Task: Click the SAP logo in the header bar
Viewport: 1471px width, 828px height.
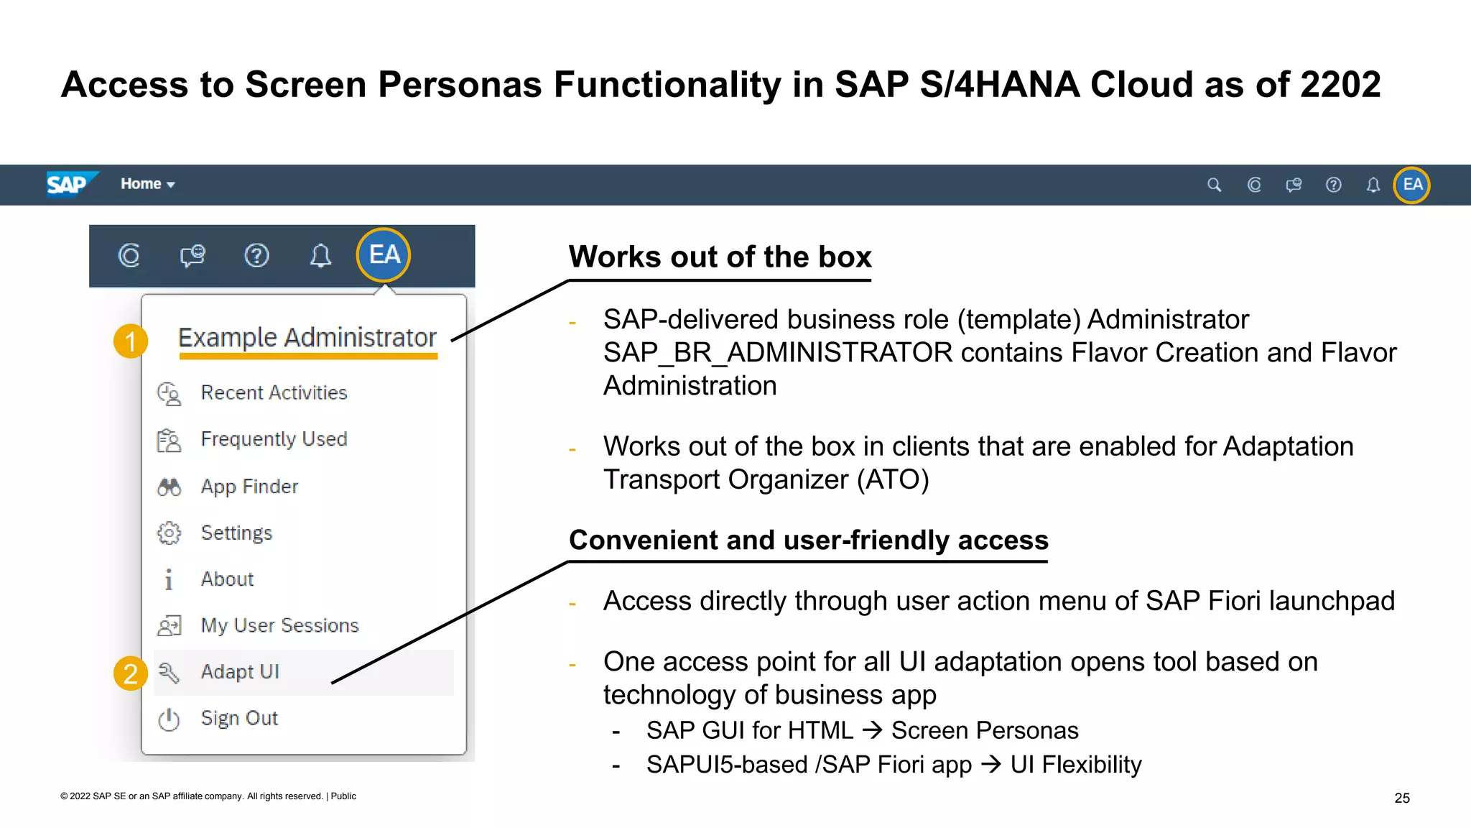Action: pyautogui.click(x=68, y=184)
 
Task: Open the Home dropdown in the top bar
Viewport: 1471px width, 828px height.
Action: pyautogui.click(x=147, y=184)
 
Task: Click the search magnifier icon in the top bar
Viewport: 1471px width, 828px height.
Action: pyautogui.click(x=1214, y=185)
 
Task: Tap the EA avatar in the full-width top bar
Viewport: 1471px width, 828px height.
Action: pyautogui.click(x=1411, y=185)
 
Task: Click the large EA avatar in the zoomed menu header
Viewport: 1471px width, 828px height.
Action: pyautogui.click(x=384, y=254)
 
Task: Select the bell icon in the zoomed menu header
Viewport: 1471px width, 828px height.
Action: pyautogui.click(x=320, y=255)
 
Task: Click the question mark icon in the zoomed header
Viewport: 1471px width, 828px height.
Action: pyautogui.click(x=256, y=255)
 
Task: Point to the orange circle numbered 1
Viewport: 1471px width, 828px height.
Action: pyautogui.click(x=131, y=341)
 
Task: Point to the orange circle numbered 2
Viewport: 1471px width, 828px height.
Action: pyautogui.click(x=131, y=673)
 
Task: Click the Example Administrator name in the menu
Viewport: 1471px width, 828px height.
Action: pyautogui.click(x=307, y=337)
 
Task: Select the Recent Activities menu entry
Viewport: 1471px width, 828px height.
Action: pyautogui.click(x=274, y=392)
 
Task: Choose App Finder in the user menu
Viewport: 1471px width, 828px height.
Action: pyautogui.click(x=249, y=487)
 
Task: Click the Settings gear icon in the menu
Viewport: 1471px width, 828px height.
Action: pyautogui.click(x=169, y=533)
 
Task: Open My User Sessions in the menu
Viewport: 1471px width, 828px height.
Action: pyautogui.click(x=279, y=625)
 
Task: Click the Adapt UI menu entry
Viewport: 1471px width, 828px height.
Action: pyautogui.click(x=240, y=671)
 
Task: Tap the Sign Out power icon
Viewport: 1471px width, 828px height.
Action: pyautogui.click(x=169, y=719)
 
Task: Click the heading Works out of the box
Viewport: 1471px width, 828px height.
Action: pyautogui.click(x=720, y=257)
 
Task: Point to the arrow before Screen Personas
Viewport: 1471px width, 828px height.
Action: pyautogui.click(x=872, y=730)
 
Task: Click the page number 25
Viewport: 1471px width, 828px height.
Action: pyautogui.click(x=1401, y=798)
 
